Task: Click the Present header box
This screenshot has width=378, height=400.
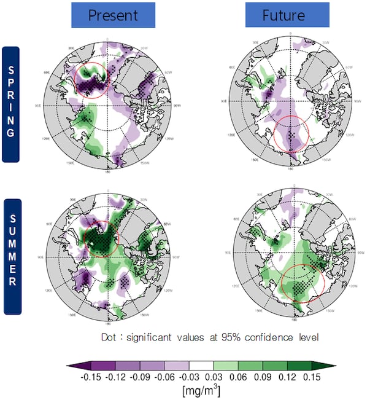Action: pyautogui.click(x=112, y=15)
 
